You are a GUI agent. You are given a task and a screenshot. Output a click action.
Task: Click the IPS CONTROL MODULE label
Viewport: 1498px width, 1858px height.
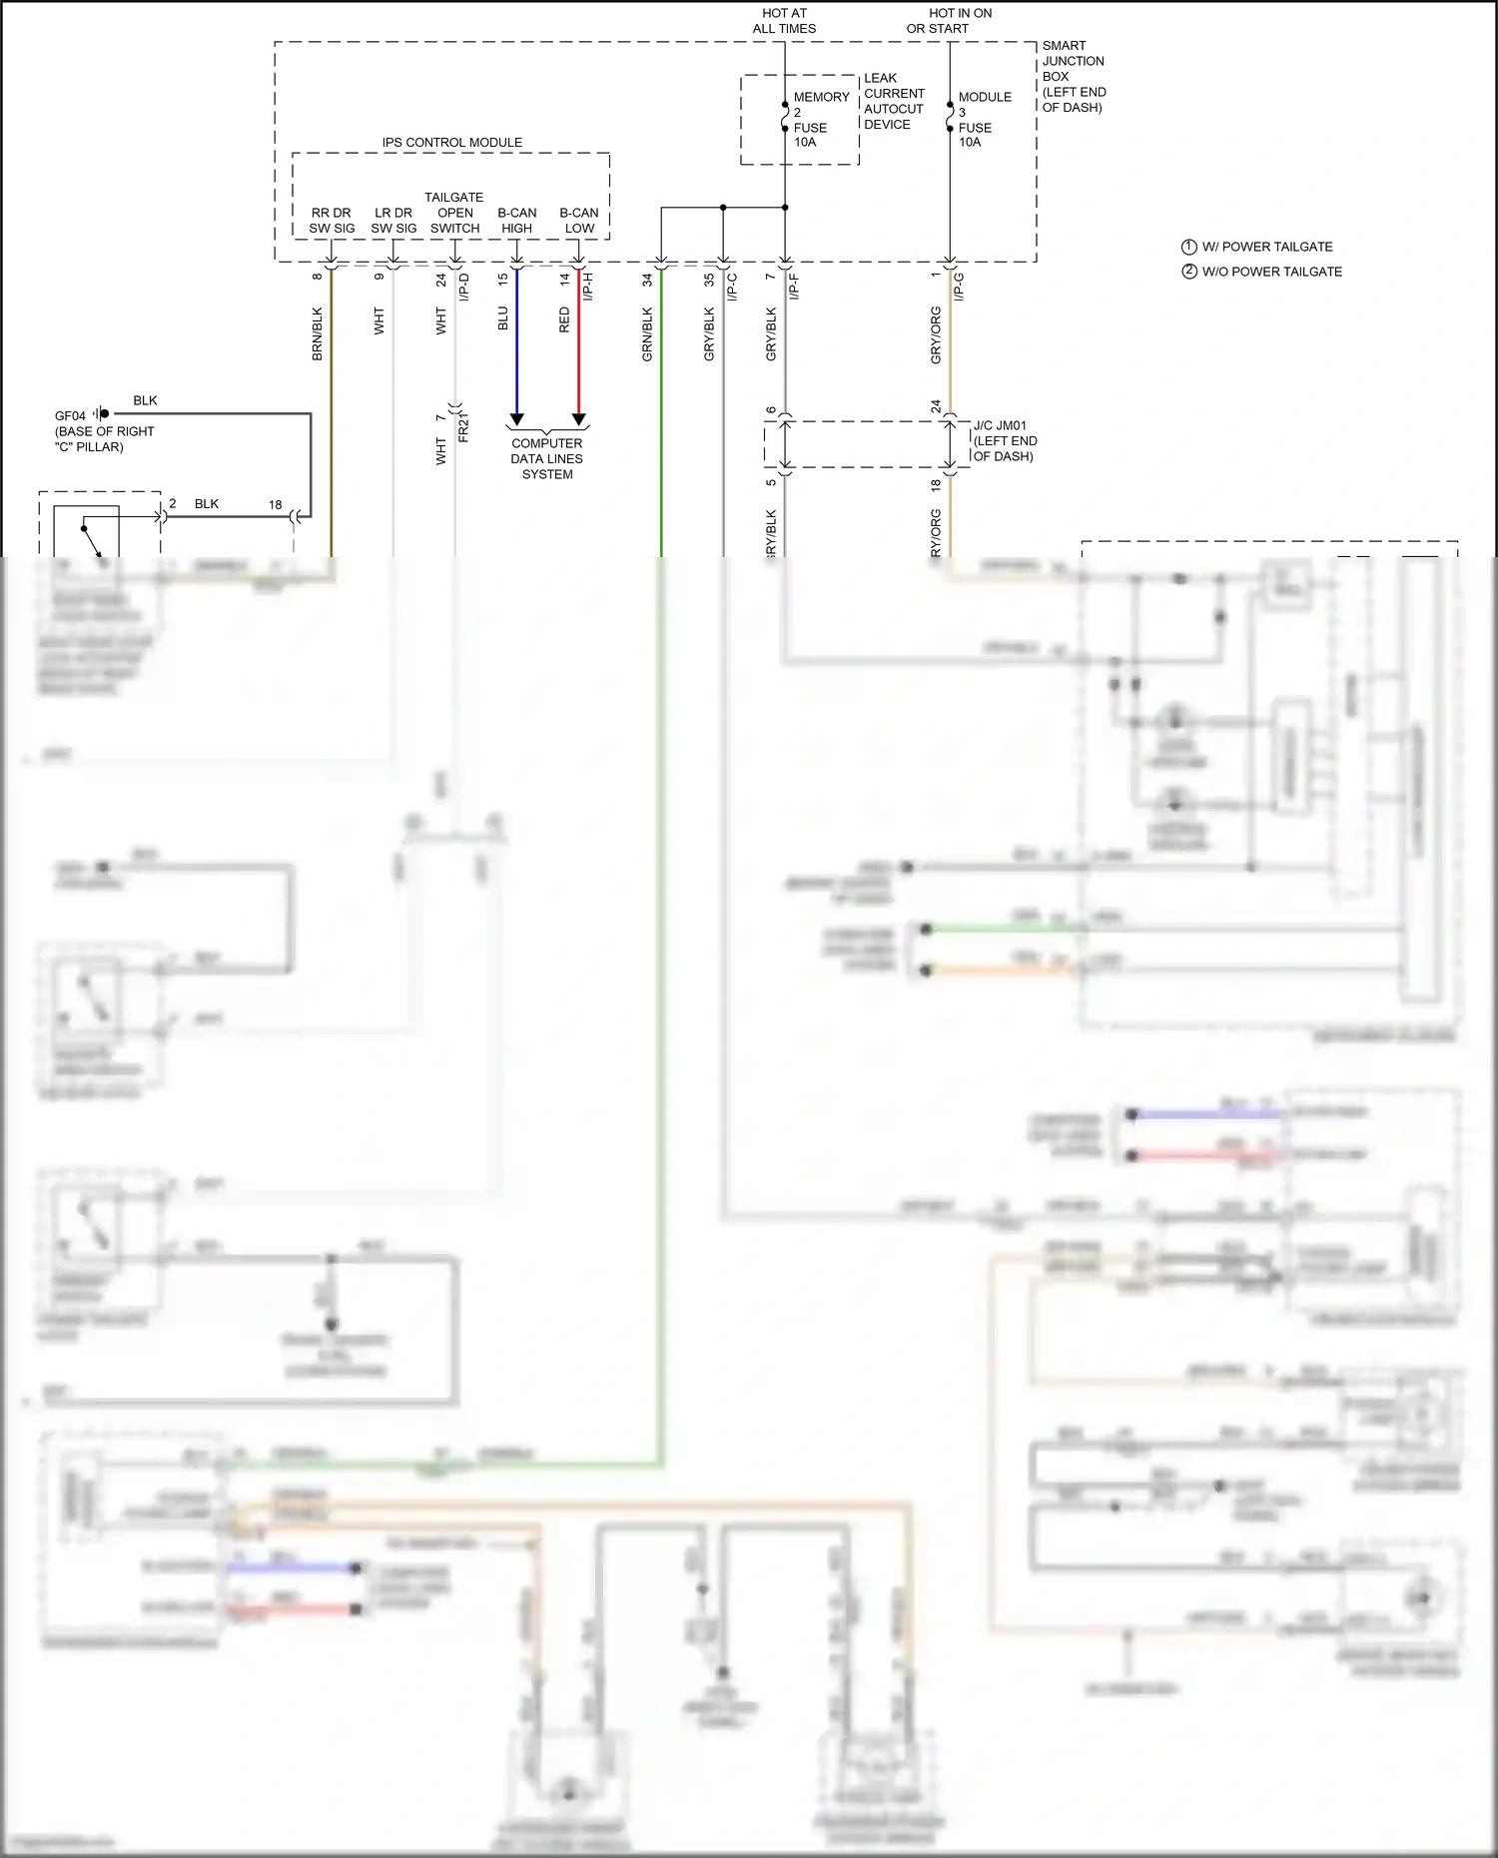pos(451,143)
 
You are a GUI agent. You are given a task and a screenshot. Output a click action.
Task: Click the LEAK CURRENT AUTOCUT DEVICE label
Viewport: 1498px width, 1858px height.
pos(893,101)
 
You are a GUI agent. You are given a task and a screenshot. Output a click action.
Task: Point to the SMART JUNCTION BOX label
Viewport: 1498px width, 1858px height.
pos(1074,76)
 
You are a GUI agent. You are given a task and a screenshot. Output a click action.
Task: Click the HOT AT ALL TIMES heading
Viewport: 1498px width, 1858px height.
pos(784,21)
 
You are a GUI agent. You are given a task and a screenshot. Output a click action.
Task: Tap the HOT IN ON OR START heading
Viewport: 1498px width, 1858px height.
pos(949,21)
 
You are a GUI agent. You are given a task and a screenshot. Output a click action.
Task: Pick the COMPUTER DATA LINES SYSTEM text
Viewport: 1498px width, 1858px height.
pos(546,459)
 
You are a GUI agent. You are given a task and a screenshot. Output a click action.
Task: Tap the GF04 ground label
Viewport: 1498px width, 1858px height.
pos(70,416)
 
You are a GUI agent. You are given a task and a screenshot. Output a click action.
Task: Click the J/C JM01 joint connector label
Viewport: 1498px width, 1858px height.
pos(1005,440)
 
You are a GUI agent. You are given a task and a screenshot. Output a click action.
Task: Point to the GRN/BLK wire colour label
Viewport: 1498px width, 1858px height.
pos(647,334)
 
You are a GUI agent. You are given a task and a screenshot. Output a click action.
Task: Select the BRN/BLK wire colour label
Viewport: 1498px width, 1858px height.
pos(318,334)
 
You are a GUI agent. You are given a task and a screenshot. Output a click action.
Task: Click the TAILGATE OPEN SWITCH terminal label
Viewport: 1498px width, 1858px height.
pos(454,213)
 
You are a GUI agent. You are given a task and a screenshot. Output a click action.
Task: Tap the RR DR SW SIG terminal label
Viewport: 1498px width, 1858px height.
pos(332,221)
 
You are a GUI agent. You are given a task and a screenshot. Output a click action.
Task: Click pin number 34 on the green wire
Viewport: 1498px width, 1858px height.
pos(647,280)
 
